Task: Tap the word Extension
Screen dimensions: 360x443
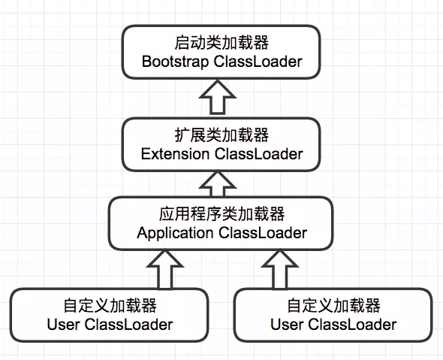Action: [175, 154]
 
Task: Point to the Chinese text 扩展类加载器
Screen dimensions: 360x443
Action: [221, 135]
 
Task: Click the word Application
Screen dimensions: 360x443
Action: [175, 232]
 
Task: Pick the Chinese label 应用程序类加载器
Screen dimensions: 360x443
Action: [221, 214]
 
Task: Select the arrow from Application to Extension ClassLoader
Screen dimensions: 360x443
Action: [221, 180]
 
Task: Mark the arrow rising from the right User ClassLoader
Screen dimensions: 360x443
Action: [279, 268]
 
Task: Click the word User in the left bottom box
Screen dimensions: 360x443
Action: [64, 325]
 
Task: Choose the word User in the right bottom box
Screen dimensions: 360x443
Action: [288, 325]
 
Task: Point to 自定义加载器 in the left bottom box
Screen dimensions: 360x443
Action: [110, 307]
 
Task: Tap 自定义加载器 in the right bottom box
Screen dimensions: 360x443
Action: [333, 307]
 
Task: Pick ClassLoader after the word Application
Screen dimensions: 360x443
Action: [262, 232]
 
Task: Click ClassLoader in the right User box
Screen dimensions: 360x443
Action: [352, 325]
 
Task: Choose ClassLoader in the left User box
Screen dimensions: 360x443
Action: [128, 325]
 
